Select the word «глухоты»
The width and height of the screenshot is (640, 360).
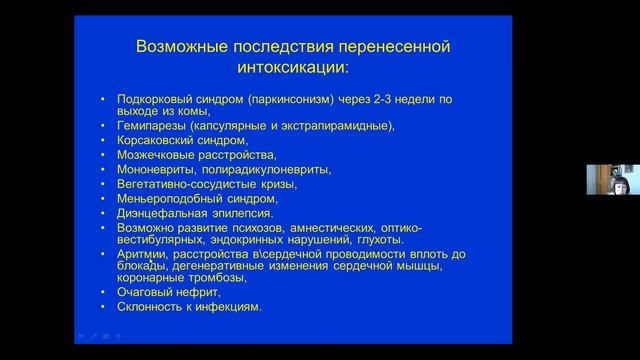click(x=380, y=240)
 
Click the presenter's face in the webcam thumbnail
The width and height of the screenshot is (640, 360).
click(x=607, y=176)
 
